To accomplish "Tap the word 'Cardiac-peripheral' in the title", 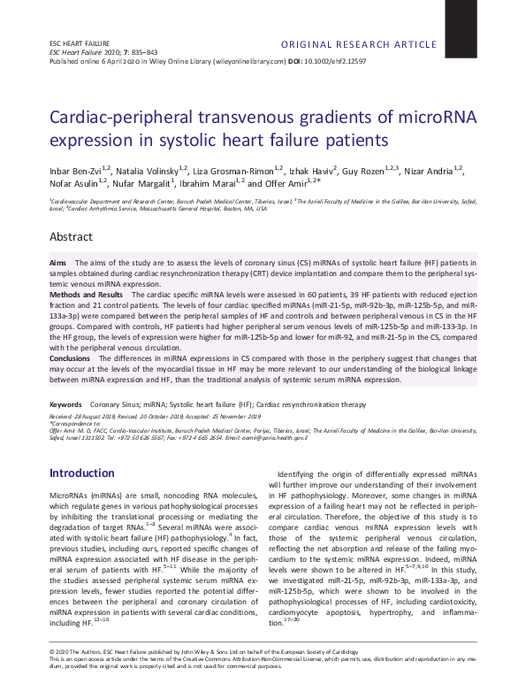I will [x=126, y=117].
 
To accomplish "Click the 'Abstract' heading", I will [x=70, y=238].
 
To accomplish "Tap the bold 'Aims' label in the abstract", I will [x=57, y=264].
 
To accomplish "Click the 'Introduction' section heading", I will [x=81, y=473].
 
